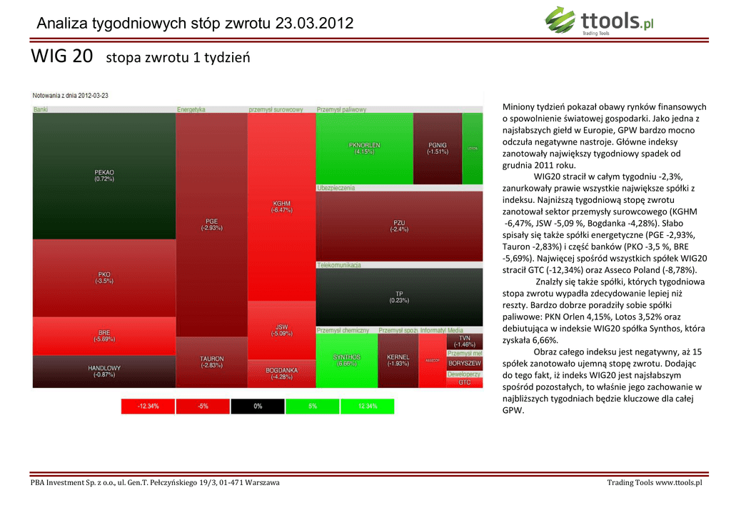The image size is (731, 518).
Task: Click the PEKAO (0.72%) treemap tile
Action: (x=104, y=176)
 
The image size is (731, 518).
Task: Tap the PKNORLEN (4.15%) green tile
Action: (x=364, y=149)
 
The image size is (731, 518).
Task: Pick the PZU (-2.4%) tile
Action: (x=399, y=226)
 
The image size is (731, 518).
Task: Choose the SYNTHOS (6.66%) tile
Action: (x=346, y=360)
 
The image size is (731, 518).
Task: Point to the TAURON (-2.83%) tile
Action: (x=211, y=362)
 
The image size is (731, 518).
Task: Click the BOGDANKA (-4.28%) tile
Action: (x=281, y=374)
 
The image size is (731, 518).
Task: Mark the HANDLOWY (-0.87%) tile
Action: (x=104, y=372)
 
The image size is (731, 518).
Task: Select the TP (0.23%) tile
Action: (x=399, y=297)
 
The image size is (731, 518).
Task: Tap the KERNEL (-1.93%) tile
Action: (x=398, y=360)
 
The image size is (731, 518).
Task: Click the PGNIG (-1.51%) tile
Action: (x=437, y=149)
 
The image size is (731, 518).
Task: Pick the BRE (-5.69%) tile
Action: (x=104, y=336)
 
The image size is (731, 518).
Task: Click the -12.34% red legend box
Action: (x=148, y=407)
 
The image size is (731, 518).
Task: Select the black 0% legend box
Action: (x=258, y=407)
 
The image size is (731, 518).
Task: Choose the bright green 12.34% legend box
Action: (x=367, y=407)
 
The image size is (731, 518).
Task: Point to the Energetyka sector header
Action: (x=191, y=109)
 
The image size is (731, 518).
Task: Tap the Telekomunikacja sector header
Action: (x=339, y=265)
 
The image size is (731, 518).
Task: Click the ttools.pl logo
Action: (x=600, y=21)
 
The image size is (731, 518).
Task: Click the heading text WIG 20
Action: (x=62, y=56)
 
